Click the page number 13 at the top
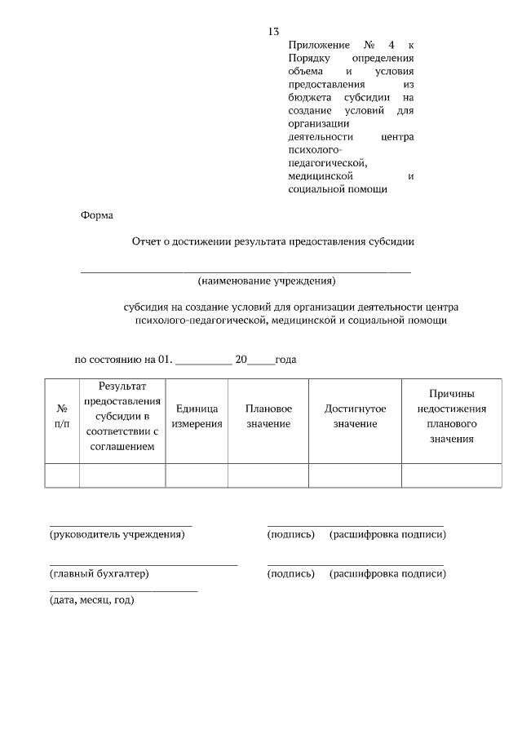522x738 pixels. tap(273, 32)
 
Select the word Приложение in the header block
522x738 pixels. tap(319, 45)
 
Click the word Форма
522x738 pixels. tap(97, 216)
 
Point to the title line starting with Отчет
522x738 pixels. tap(273, 241)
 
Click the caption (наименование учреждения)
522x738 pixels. tap(267, 281)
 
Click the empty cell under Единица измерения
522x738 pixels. tap(197, 475)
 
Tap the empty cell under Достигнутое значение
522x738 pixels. tap(355, 475)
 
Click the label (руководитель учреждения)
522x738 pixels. tap(117, 535)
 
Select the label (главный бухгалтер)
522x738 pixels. tap(100, 574)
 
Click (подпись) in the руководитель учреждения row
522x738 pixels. tap(291, 535)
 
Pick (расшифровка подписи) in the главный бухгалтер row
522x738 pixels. tap(387, 574)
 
